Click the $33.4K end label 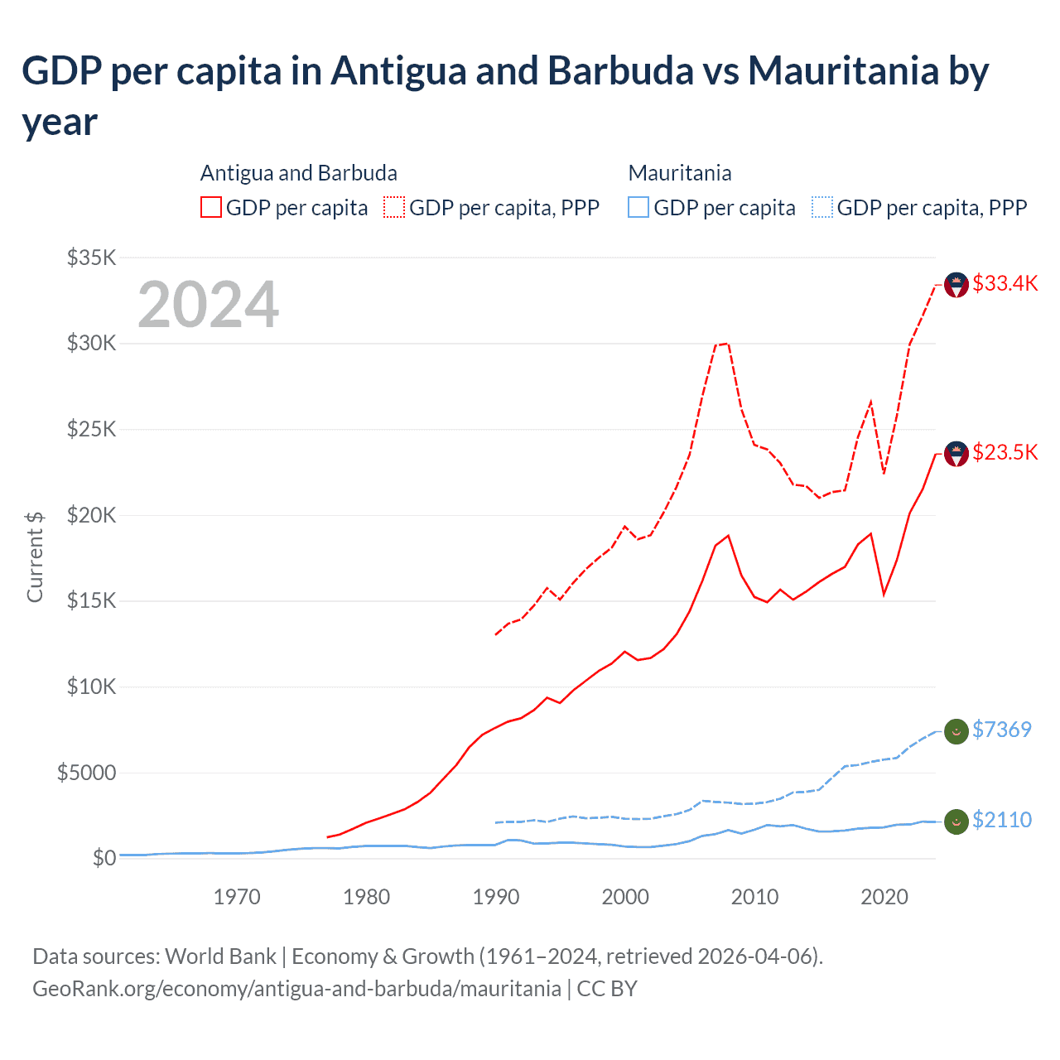[x=1005, y=283]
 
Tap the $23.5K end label [x=1005, y=452]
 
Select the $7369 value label [x=1001, y=730]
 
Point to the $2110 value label [x=1001, y=820]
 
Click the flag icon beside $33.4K [x=956, y=285]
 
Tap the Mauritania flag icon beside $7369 [x=956, y=731]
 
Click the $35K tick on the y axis [x=92, y=258]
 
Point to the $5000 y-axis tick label [x=86, y=773]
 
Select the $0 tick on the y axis [x=104, y=858]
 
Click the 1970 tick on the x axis [x=237, y=897]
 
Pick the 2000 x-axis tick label [x=625, y=897]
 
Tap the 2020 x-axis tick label [x=884, y=897]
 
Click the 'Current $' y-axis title [x=35, y=556]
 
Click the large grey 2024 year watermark [x=208, y=305]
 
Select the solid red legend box [x=211, y=207]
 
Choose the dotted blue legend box [x=822, y=207]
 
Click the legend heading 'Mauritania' [x=680, y=173]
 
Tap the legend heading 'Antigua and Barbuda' [x=299, y=173]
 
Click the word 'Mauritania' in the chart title [x=843, y=71]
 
